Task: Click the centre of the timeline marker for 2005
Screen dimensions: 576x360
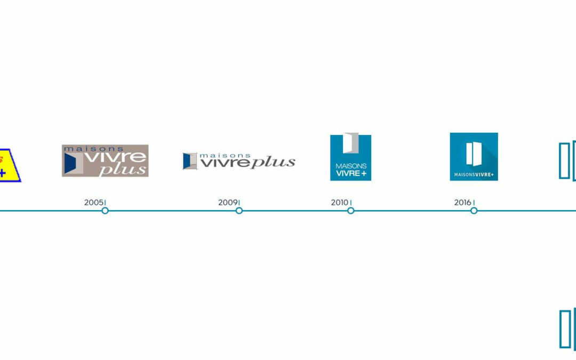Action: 105,211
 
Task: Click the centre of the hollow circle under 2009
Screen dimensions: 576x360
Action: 239,211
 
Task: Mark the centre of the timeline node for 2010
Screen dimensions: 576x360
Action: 351,211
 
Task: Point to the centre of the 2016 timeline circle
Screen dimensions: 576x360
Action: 474,211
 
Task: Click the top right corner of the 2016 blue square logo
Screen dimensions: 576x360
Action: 498,133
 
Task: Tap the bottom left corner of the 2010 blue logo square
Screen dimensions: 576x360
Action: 330,181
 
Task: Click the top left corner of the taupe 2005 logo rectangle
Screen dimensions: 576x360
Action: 62,145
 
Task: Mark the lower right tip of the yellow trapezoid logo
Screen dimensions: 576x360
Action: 21,181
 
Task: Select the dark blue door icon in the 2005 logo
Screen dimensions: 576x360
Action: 70,163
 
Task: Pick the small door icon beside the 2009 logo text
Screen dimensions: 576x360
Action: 190,161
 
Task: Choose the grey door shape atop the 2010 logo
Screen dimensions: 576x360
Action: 351,143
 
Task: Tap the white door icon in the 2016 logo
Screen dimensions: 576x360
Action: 474,154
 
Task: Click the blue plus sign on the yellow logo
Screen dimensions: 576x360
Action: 2,173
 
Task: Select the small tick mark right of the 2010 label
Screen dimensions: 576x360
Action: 351,203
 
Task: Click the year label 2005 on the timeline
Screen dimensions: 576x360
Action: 94,203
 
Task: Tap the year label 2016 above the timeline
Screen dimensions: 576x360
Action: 462,203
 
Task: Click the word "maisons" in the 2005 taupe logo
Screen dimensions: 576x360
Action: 93,149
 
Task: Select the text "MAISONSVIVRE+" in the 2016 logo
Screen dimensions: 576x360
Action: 474,174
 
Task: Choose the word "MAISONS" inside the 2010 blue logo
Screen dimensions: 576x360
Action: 351,166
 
